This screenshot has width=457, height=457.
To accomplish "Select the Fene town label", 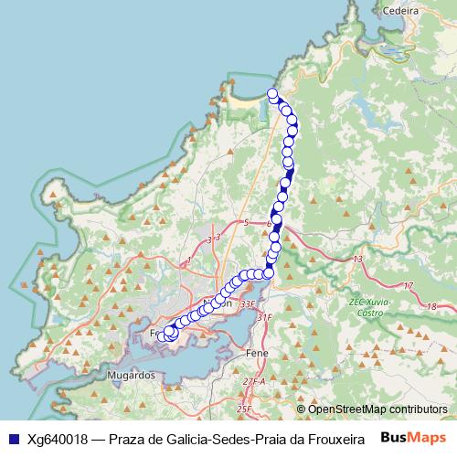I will tap(256, 351).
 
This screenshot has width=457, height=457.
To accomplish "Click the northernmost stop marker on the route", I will tap(271, 93).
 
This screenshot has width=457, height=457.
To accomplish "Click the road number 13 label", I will tap(358, 260).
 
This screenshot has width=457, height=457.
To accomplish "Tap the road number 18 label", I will tap(430, 307).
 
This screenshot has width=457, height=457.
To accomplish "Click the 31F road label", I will tap(265, 317).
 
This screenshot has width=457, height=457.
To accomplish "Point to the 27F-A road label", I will tap(253, 381).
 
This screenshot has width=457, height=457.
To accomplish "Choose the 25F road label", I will tap(243, 409).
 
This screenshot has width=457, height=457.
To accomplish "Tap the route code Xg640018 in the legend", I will tap(58, 439).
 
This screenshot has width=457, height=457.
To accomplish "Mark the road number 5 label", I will tap(246, 222).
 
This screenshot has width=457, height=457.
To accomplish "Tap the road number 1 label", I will tap(188, 262).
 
